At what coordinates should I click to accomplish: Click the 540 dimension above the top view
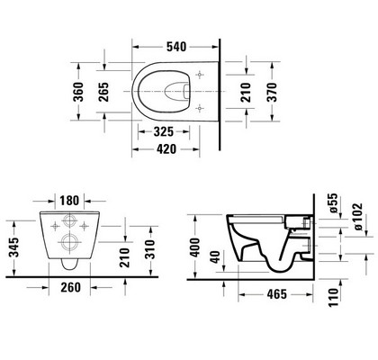(176, 47)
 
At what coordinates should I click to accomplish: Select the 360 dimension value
(78, 92)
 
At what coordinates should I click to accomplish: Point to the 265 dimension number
(103, 92)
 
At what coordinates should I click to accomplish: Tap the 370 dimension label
(272, 92)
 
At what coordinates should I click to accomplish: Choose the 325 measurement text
(164, 131)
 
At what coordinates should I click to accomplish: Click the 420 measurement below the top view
(166, 148)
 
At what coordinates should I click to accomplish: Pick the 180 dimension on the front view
(69, 201)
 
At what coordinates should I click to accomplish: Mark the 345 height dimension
(13, 247)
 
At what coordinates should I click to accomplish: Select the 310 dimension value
(150, 249)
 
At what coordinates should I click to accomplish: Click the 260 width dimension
(71, 287)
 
